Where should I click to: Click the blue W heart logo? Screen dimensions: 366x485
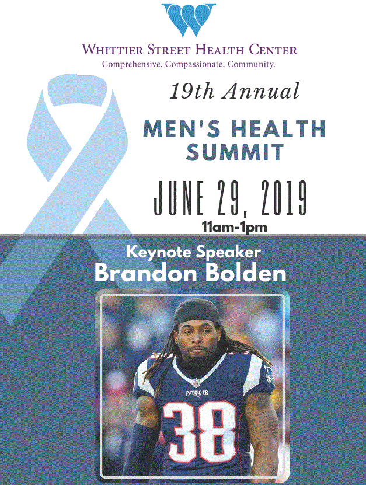189,19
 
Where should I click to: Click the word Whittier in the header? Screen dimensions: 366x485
113,50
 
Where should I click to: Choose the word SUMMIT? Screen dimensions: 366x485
235,152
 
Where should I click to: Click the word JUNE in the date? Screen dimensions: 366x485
179,198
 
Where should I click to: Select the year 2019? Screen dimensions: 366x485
284,198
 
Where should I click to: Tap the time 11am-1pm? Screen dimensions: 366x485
235,227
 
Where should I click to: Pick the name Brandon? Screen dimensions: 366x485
146,273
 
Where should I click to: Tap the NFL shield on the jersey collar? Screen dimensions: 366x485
196,382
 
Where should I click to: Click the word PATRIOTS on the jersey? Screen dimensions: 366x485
197,393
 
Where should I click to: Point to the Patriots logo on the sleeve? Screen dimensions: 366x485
269,374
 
